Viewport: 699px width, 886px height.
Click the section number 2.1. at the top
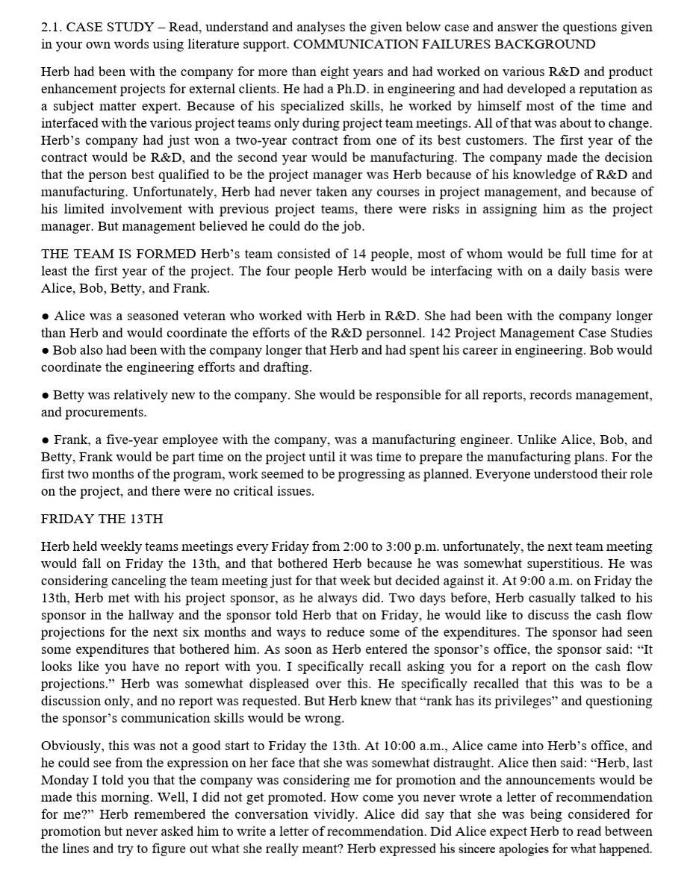click(x=52, y=28)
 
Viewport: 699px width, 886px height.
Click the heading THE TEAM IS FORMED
click(x=118, y=255)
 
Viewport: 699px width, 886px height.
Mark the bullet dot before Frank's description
click(x=46, y=440)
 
